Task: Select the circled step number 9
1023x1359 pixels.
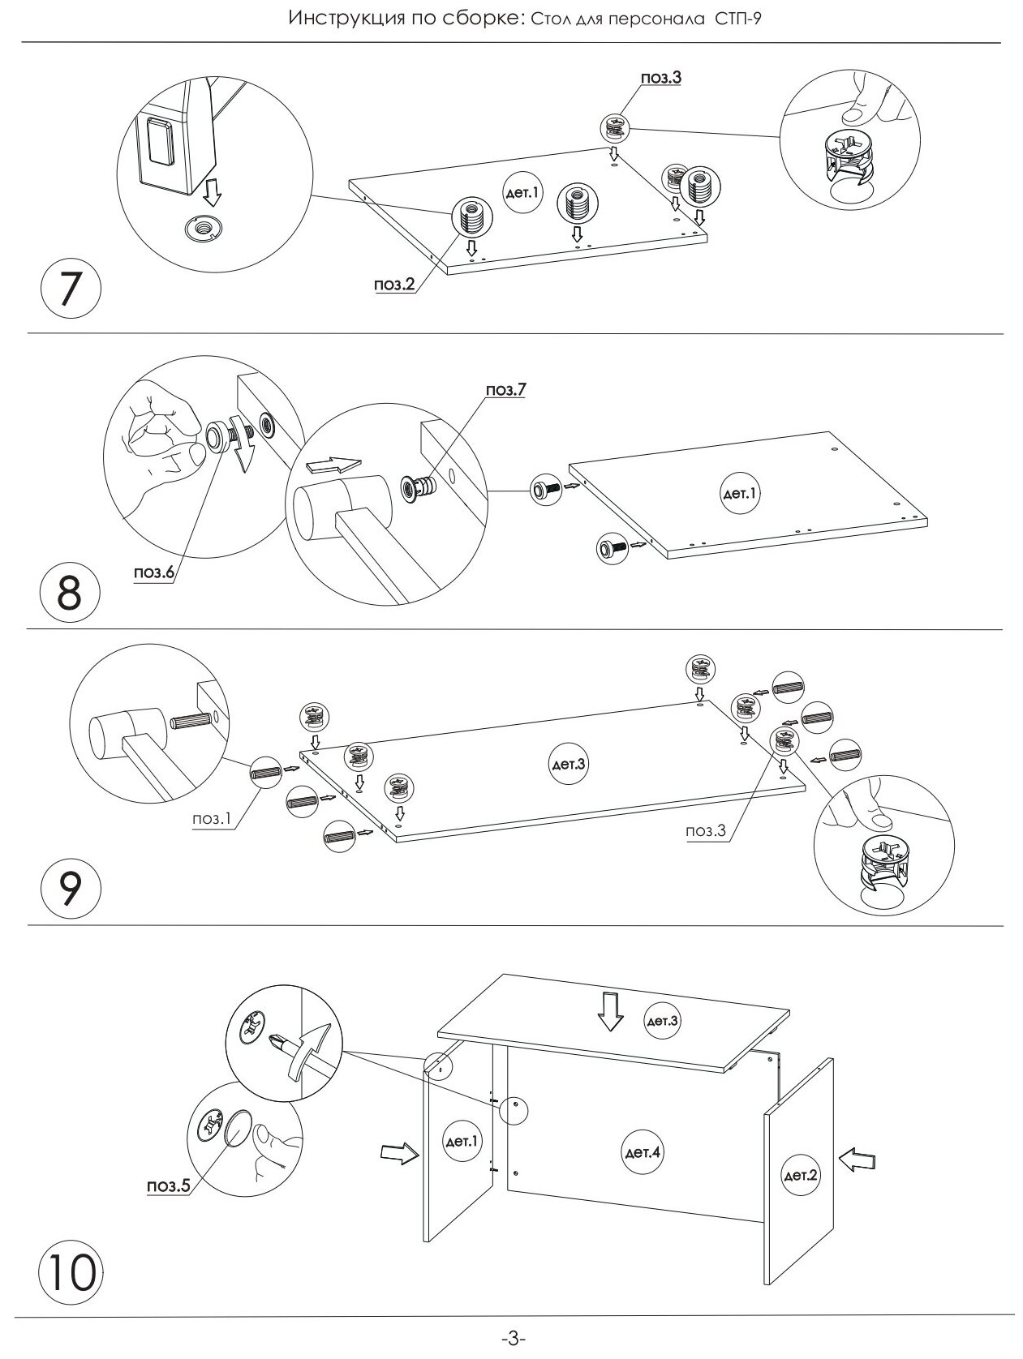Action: tap(70, 889)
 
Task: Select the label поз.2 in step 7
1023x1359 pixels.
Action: tap(394, 285)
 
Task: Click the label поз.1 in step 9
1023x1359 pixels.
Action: tap(212, 819)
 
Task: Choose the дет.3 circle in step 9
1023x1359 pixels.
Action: tap(569, 764)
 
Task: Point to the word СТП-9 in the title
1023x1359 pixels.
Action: tap(746, 19)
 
